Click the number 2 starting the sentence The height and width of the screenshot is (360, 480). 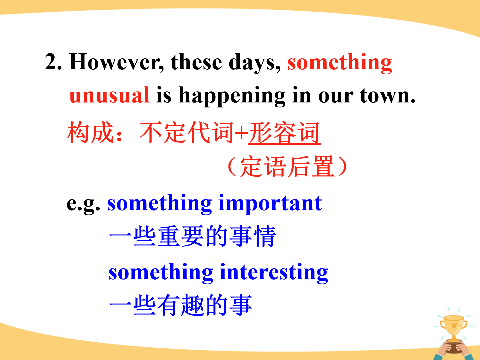53,62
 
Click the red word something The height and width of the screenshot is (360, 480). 340,63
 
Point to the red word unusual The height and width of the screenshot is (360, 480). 109,95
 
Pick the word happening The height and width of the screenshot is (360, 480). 232,96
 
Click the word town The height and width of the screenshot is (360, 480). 388,96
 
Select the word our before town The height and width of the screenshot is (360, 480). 336,96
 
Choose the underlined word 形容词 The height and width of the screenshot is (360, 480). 285,132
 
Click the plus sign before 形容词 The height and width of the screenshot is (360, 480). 241,132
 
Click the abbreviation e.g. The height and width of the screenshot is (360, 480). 83,204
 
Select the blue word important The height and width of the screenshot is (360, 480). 270,204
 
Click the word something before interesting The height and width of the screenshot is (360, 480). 161,273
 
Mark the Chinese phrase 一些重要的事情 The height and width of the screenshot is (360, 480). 192,236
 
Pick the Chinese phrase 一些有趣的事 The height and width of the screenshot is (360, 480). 181,305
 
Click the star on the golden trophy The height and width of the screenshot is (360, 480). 454,325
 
